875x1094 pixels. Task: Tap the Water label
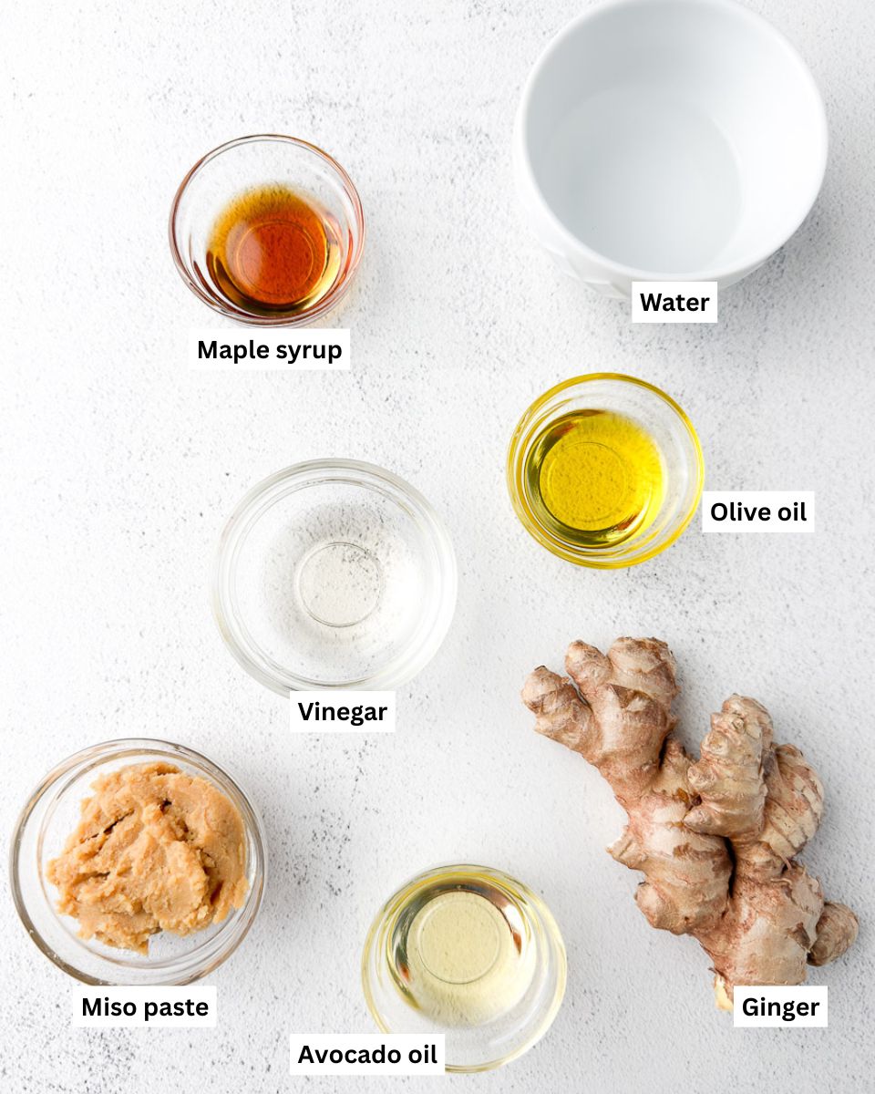[x=674, y=303]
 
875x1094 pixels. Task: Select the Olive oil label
[x=758, y=512]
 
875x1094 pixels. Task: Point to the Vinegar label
[x=343, y=711]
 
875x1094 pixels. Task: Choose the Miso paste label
[x=145, y=1007]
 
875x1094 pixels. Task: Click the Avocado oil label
[x=367, y=1055]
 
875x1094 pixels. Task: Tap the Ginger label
[x=780, y=1007]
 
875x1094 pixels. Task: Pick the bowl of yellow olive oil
[x=605, y=470]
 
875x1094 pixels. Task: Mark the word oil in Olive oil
[x=789, y=512]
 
